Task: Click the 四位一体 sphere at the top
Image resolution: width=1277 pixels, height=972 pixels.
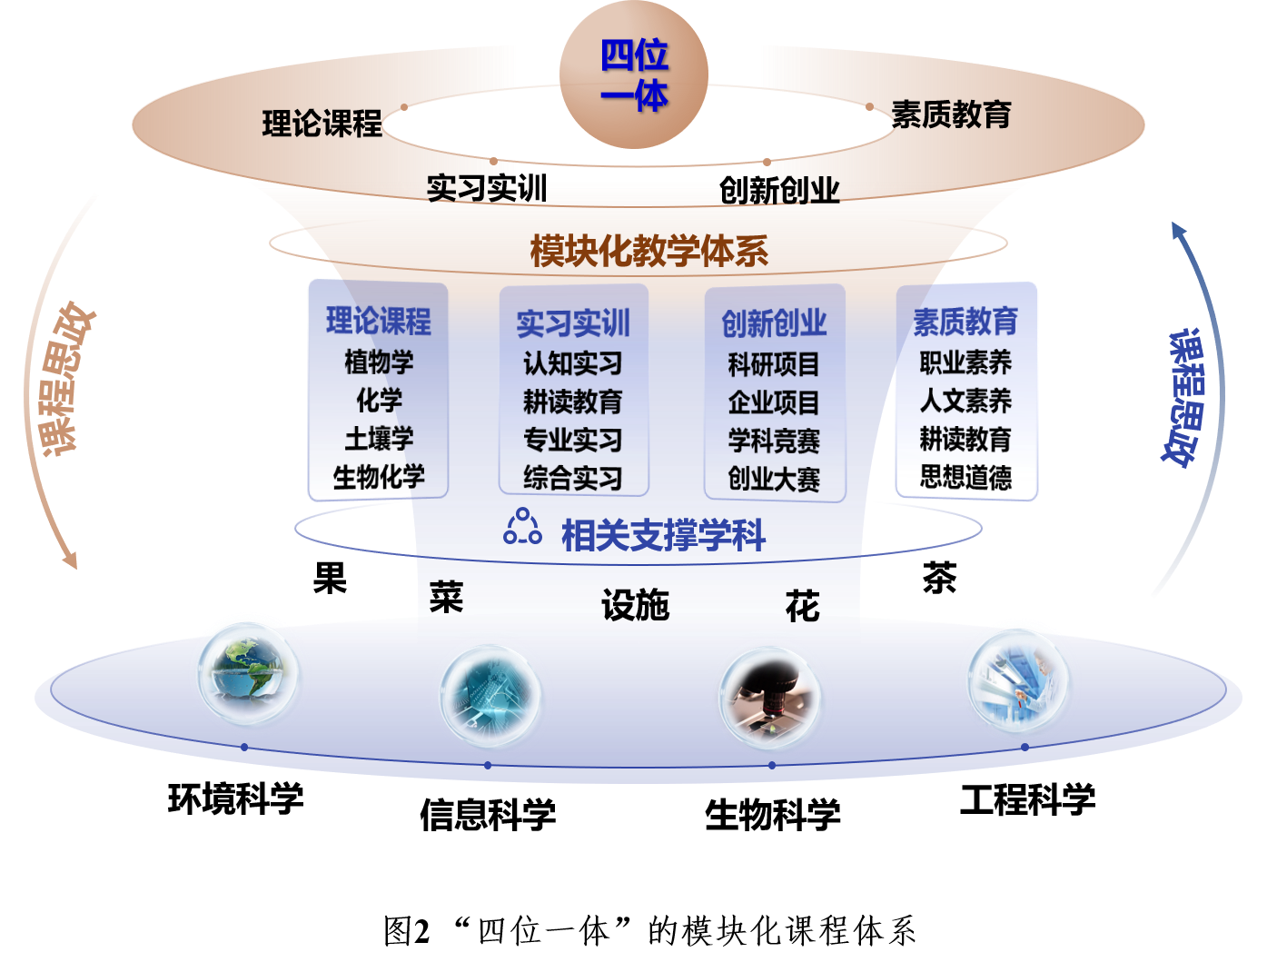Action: (634, 74)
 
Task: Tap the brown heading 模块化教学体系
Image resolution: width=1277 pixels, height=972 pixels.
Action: (649, 252)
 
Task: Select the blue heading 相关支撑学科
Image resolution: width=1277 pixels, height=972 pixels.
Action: (663, 535)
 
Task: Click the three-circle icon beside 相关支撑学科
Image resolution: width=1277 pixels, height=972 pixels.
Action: (522, 527)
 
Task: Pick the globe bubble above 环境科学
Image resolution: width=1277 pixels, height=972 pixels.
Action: (249, 674)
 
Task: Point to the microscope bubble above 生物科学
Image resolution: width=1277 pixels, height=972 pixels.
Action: (769, 698)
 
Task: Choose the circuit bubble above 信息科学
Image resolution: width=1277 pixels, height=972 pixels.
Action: (490, 696)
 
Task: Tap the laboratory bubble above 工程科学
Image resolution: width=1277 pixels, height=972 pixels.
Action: (1018, 680)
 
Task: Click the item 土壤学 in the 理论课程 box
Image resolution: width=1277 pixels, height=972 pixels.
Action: (380, 439)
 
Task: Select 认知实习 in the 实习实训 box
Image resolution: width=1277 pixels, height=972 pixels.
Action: (573, 363)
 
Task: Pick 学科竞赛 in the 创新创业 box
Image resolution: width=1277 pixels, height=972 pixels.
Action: (775, 441)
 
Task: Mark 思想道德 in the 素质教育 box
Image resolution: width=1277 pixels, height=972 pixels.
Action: (965, 477)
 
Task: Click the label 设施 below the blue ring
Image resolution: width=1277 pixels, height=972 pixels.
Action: (635, 605)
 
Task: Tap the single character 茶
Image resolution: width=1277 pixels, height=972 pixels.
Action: (939, 578)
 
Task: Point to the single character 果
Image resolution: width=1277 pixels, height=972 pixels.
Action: (330, 578)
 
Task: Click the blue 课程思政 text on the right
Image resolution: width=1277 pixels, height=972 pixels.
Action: (1184, 399)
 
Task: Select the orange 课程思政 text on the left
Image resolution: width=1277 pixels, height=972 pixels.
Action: (63, 379)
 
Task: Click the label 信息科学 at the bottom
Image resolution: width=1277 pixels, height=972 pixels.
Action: (488, 814)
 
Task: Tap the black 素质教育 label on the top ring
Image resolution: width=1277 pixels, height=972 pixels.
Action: (952, 114)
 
